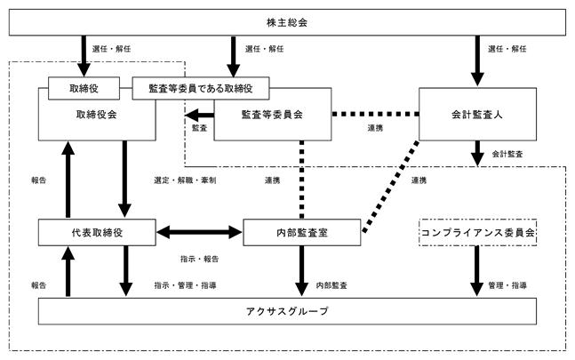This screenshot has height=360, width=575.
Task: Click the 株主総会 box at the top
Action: pyautogui.click(x=287, y=22)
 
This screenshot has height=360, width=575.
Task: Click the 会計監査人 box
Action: pyautogui.click(x=477, y=114)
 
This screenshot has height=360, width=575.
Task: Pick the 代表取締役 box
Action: pyautogui.click(x=97, y=232)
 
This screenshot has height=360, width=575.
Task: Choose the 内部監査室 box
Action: pyautogui.click(x=302, y=232)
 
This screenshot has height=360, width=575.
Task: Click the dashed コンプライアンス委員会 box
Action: pyautogui.click(x=477, y=232)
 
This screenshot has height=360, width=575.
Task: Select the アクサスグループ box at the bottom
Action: pyautogui.click(x=287, y=311)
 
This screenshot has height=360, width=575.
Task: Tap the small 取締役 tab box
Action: pyautogui.click(x=84, y=88)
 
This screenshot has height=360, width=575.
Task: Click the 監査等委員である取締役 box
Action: pyautogui.click(x=201, y=88)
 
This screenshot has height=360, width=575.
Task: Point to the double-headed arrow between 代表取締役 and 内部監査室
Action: pyautogui.click(x=199, y=232)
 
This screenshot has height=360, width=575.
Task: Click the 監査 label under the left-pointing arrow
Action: pyautogui.click(x=199, y=128)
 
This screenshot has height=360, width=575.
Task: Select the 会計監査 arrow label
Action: pyautogui.click(x=507, y=154)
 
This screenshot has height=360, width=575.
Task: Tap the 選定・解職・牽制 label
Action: pyautogui.click(x=185, y=180)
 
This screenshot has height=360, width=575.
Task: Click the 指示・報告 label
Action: pyautogui.click(x=199, y=260)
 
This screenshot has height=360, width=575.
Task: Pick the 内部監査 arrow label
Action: pyautogui.click(x=331, y=285)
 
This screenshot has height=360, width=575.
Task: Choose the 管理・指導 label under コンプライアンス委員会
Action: pyautogui.click(x=507, y=285)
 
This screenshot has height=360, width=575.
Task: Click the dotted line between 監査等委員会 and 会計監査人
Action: pyautogui.click(x=375, y=115)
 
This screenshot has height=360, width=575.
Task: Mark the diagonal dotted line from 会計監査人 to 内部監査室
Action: pyautogui.click(x=391, y=187)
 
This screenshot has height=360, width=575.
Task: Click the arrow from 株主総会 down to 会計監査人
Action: pyautogui.click(x=477, y=60)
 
